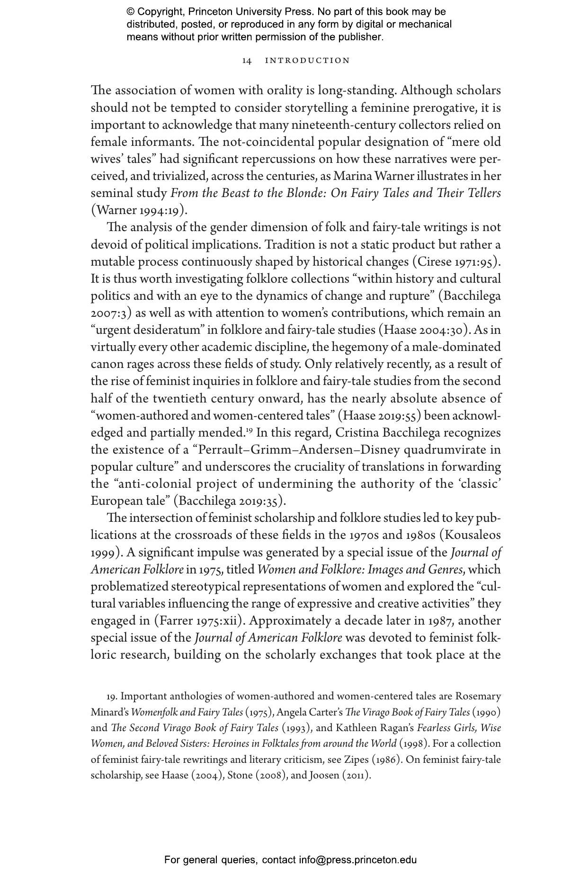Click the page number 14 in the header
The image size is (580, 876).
[247, 61]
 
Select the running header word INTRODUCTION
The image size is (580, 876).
[307, 61]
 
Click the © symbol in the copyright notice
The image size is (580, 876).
[131, 12]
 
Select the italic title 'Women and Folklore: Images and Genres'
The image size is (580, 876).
[361, 570]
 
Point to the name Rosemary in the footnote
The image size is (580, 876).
[478, 697]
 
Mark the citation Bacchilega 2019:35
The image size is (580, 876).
[230, 501]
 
